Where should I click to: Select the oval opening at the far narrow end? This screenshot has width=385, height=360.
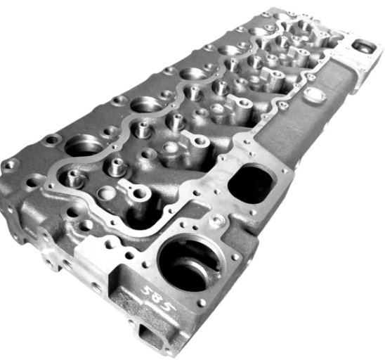click(364, 48)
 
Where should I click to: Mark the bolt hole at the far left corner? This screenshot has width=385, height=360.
click(9, 165)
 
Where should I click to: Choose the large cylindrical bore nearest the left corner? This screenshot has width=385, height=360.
click(85, 146)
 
